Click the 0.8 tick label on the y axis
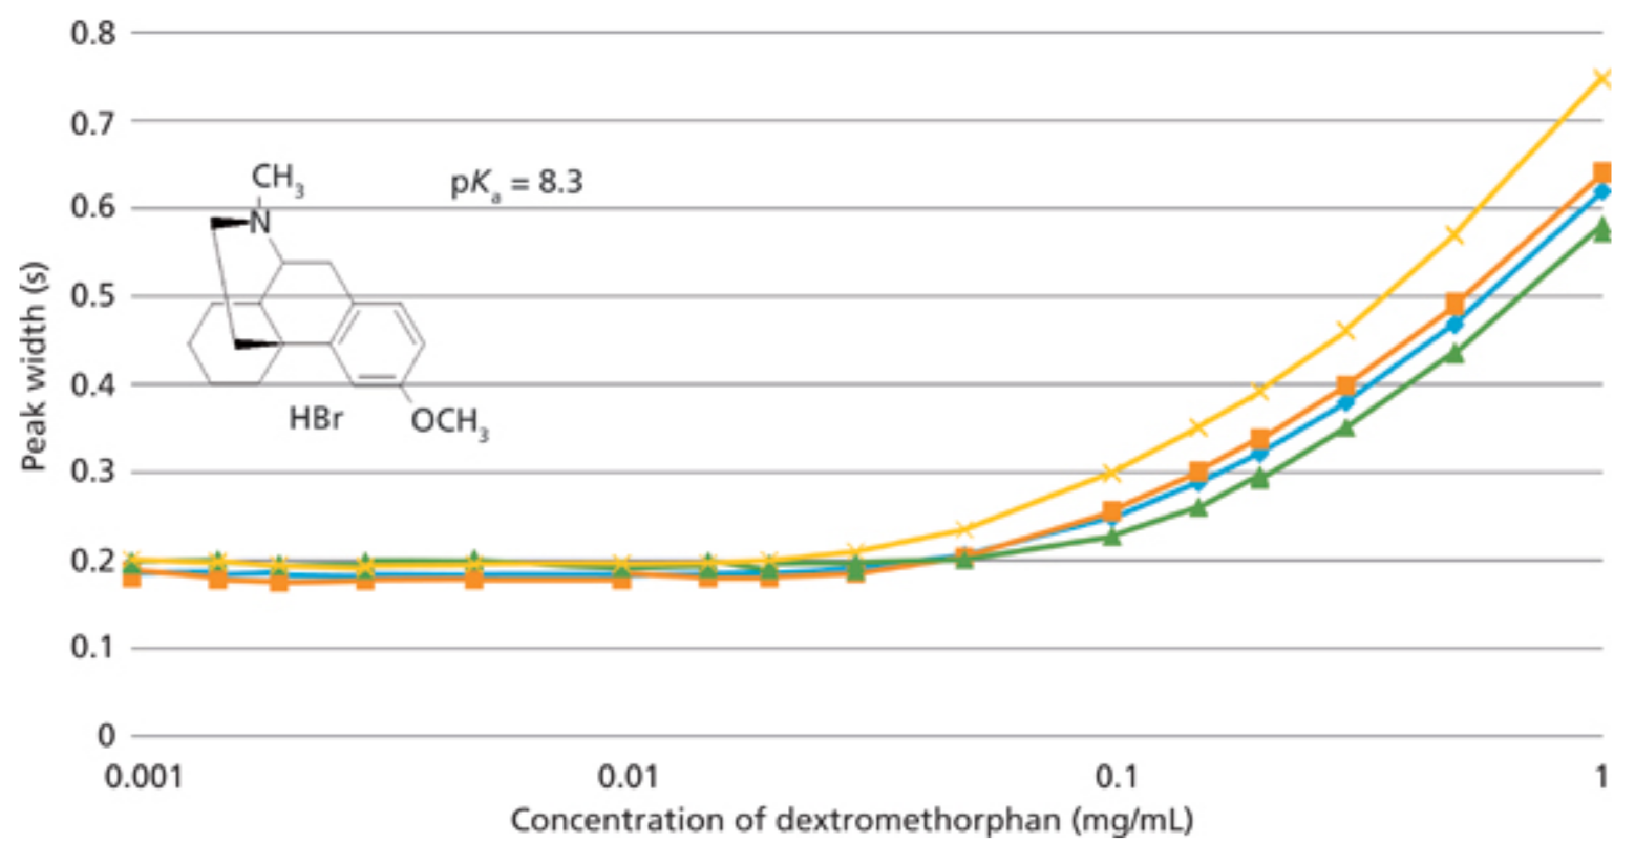(93, 33)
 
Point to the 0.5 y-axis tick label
(93, 296)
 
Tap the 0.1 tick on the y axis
(93, 647)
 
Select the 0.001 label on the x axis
(143, 777)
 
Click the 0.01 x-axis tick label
(628, 777)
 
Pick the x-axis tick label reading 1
(1600, 777)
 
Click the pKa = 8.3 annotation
(516, 183)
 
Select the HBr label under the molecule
(315, 419)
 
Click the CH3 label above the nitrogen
(277, 179)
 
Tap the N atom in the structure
(260, 222)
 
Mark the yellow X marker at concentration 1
(1602, 79)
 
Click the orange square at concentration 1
(1602, 173)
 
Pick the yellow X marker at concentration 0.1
(1112, 473)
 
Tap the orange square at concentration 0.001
(132, 577)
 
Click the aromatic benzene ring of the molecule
(378, 343)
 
